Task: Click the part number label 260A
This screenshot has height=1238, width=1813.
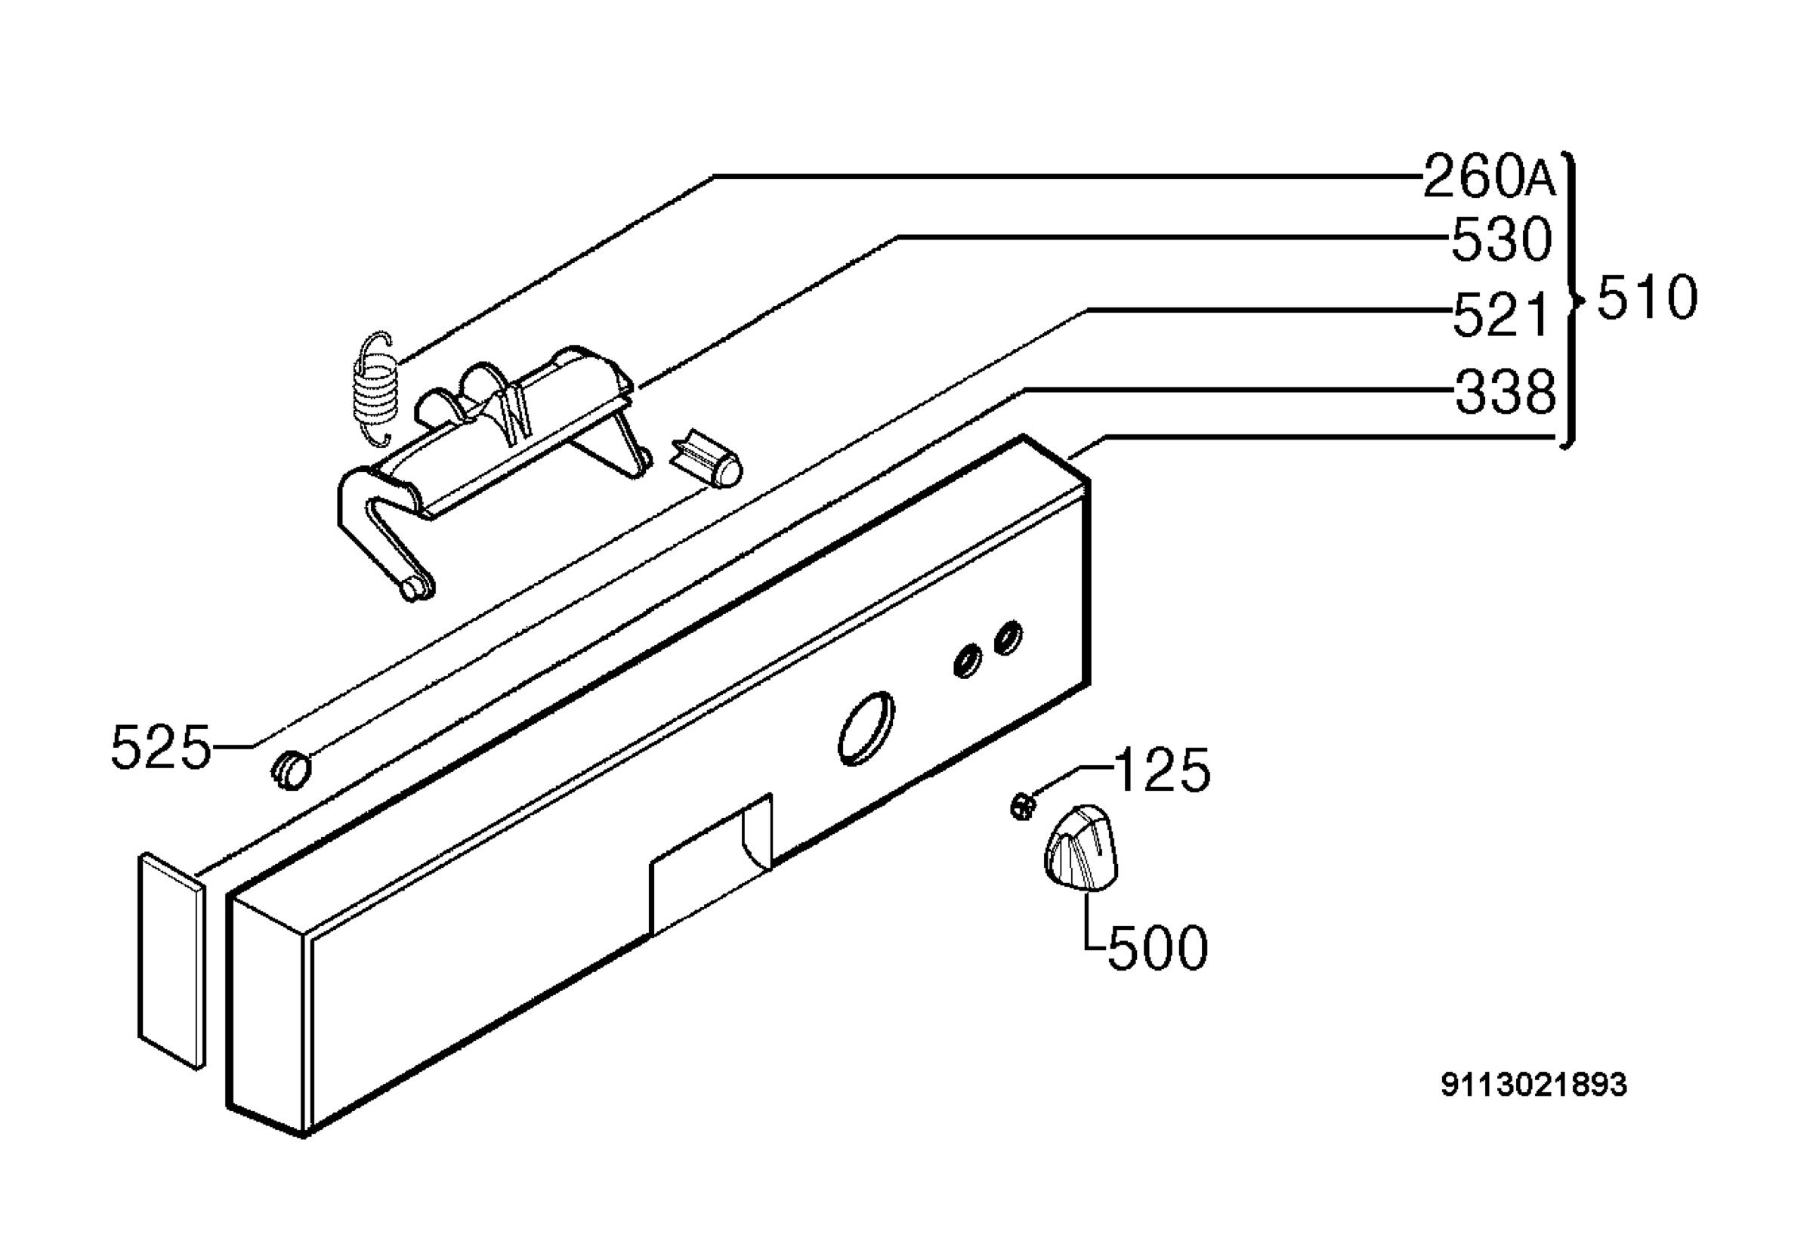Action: pos(1488,176)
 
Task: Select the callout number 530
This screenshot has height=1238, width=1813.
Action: pos(1502,239)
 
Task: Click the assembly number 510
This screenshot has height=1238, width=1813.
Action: pos(1647,298)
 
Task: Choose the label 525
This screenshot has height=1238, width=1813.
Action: pos(161,747)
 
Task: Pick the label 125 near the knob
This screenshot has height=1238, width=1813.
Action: pos(1162,770)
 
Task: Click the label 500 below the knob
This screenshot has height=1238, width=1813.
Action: pos(1158,948)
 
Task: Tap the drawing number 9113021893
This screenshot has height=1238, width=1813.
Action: pos(1533,1085)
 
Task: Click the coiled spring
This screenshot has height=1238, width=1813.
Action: pos(376,389)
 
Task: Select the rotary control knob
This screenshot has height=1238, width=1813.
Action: pos(1080,848)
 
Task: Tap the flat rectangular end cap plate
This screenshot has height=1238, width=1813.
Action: pos(171,960)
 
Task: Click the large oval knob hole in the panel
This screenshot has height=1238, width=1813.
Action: pos(866,728)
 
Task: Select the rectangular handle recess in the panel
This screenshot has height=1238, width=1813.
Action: pos(711,864)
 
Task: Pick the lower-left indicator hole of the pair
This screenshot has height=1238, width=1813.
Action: pos(968,661)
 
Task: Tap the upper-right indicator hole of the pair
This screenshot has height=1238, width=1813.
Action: pos(1008,638)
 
